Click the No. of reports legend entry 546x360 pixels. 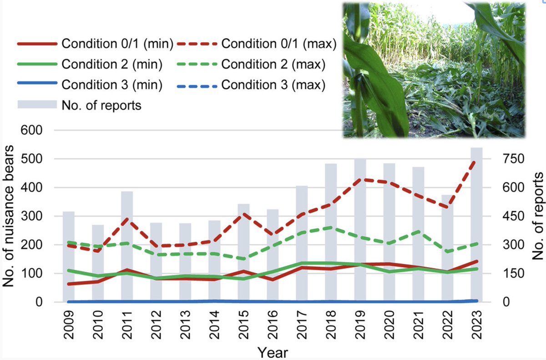coord(80,106)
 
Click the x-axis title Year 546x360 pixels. coord(272,352)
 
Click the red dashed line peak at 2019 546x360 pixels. coord(359,179)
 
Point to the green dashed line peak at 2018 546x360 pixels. coord(330,227)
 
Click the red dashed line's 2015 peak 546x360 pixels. coord(243,213)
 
